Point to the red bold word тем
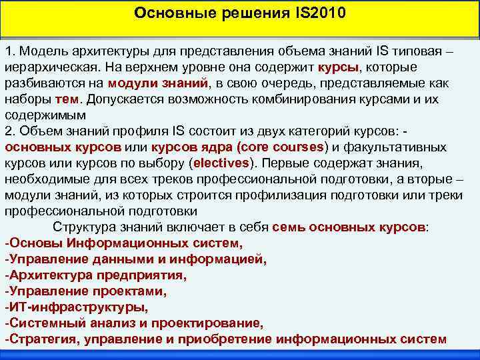pos(67,99)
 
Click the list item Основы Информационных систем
pos(123,243)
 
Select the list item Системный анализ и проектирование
pos(134,323)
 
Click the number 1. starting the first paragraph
pos(9,51)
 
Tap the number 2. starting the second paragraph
pos(9,130)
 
